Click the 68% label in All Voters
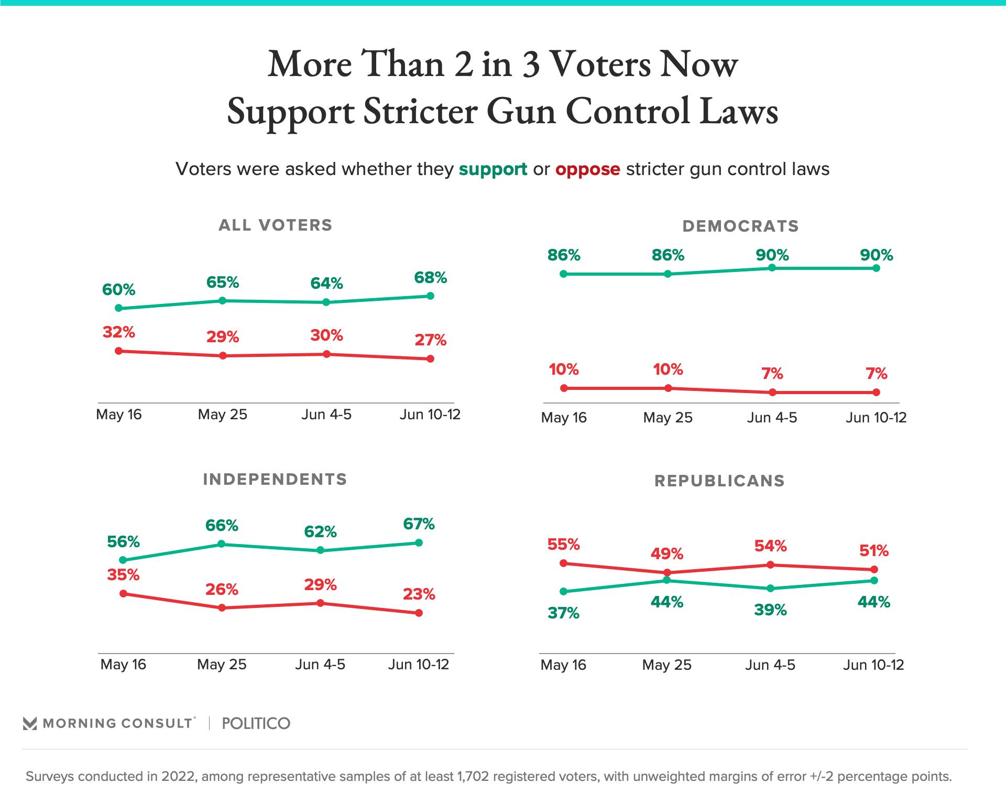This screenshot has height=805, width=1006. pyautogui.click(x=430, y=278)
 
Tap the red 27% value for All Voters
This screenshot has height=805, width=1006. pyautogui.click(x=430, y=340)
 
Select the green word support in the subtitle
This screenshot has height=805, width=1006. pyautogui.click(x=493, y=169)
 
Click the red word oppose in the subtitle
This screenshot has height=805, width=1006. pyautogui.click(x=587, y=169)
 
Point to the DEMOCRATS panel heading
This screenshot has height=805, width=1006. pyautogui.click(x=740, y=226)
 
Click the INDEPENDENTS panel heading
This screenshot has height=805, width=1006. pyautogui.click(x=275, y=479)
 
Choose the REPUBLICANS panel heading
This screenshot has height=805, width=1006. pyautogui.click(x=719, y=481)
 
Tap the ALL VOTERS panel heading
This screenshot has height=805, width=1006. pyautogui.click(x=275, y=225)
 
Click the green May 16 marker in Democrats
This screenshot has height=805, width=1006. pyautogui.click(x=564, y=274)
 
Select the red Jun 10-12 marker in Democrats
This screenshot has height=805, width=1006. pyautogui.click(x=877, y=392)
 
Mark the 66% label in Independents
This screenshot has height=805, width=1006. pyautogui.click(x=222, y=525)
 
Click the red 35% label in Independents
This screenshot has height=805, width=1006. pyautogui.click(x=123, y=575)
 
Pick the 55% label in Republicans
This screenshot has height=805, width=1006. pyautogui.click(x=563, y=545)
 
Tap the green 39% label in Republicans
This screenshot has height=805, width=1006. pyautogui.click(x=770, y=610)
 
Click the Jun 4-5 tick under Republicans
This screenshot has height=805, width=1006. pyautogui.click(x=770, y=665)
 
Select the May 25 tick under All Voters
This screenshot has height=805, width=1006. pyautogui.click(x=222, y=415)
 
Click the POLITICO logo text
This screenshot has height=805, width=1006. pyautogui.click(x=256, y=723)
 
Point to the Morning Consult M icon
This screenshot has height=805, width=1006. pyautogui.click(x=30, y=723)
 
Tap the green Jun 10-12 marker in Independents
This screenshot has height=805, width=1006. pyautogui.click(x=419, y=542)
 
